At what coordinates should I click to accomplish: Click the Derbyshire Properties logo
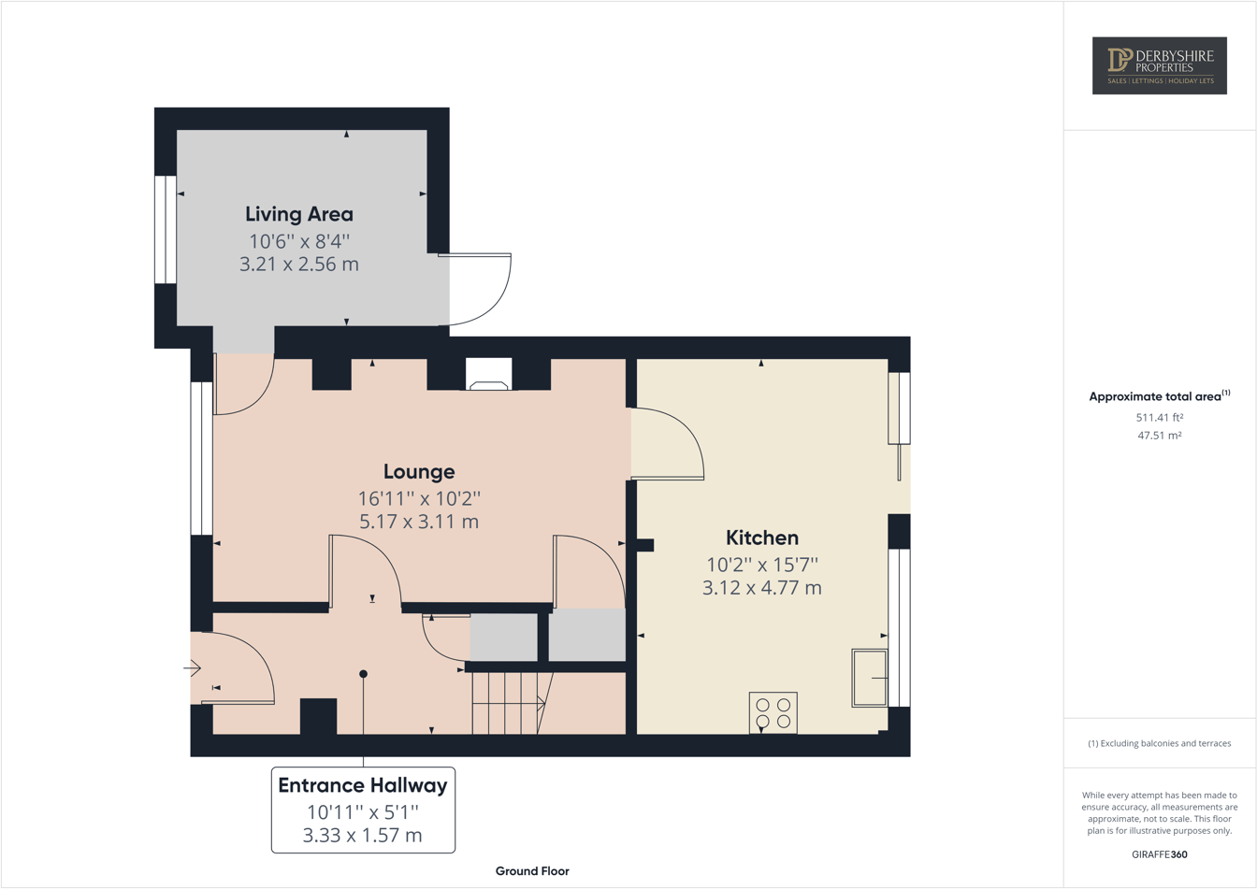tap(1159, 65)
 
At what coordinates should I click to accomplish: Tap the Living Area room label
tap(299, 214)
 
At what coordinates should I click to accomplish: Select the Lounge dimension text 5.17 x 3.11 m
tap(418, 522)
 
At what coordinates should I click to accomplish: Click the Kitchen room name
tap(762, 538)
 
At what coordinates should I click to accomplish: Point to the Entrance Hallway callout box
tap(363, 810)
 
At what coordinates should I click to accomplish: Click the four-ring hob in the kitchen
tap(773, 712)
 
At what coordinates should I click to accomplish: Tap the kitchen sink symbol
tap(870, 678)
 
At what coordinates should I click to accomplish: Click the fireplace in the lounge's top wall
tap(488, 375)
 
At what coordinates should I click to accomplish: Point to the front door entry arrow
tap(193, 667)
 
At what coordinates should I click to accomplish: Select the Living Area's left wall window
tap(166, 229)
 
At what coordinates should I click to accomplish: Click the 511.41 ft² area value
tap(1159, 418)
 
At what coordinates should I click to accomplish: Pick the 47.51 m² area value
tap(1159, 435)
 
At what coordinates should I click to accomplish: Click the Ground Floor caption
tap(532, 871)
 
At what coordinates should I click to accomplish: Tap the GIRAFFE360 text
tap(1159, 854)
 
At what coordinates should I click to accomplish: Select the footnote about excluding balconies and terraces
tap(1159, 743)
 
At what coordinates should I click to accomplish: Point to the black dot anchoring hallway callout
tap(363, 674)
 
